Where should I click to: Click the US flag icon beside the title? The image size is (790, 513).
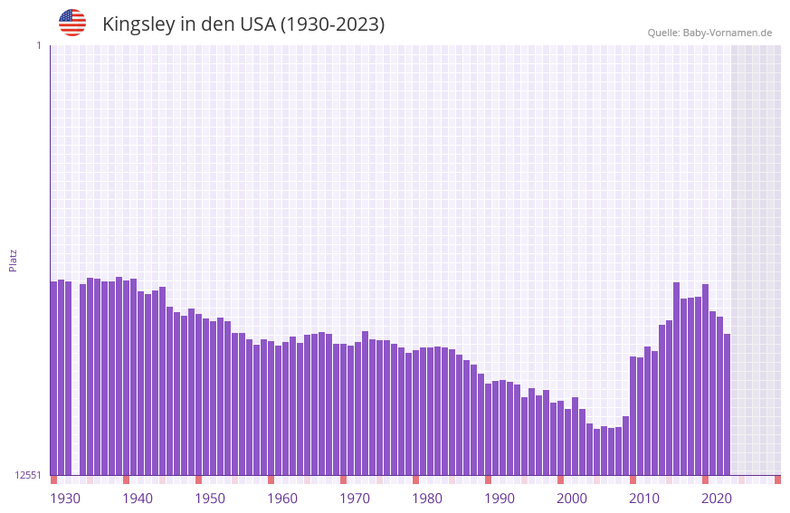[72, 23]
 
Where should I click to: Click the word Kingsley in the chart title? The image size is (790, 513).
[138, 24]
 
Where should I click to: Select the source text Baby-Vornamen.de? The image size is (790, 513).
[727, 33]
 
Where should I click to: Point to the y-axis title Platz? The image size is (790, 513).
[13, 260]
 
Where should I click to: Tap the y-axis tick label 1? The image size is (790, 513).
[38, 45]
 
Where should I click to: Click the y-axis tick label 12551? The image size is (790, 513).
[28, 475]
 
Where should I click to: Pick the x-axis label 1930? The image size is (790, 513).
[64, 499]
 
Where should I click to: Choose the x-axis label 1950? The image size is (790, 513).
[210, 499]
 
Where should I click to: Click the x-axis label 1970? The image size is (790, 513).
[355, 499]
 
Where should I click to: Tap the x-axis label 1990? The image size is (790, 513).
[500, 499]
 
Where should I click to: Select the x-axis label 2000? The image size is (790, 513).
[572, 499]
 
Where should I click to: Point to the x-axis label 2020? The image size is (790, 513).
[717, 499]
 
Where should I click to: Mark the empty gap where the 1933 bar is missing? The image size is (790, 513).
[75, 380]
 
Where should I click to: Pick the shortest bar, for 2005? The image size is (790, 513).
[596, 451]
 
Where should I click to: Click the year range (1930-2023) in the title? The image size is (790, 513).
[332, 24]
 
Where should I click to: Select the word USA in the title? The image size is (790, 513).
[257, 24]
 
